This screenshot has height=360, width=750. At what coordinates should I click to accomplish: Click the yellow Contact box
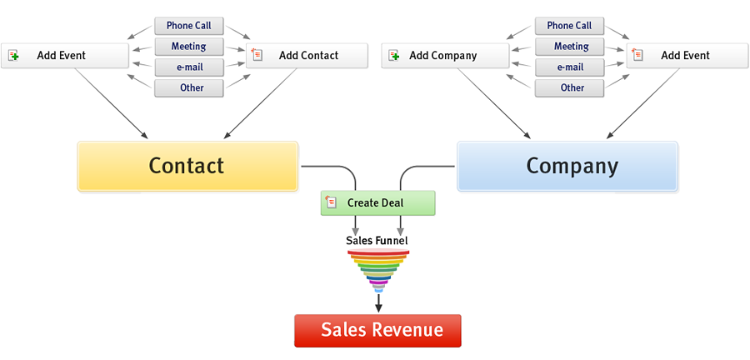(x=187, y=165)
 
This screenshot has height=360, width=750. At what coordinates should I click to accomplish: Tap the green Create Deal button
(x=377, y=202)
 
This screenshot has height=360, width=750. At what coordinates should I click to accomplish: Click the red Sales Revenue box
(x=377, y=330)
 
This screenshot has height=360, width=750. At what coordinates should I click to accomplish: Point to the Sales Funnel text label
(x=377, y=241)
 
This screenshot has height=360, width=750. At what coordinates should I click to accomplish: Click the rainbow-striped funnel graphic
(x=378, y=269)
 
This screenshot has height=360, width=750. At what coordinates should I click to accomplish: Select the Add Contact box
(x=307, y=56)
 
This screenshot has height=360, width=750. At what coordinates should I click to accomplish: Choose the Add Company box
(x=445, y=56)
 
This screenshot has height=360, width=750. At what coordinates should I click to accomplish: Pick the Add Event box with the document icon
(x=687, y=56)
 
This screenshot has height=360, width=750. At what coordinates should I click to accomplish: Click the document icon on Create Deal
(x=332, y=202)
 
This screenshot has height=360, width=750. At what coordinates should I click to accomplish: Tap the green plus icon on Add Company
(x=394, y=56)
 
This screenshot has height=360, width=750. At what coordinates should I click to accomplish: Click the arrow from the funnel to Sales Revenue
(x=378, y=302)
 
